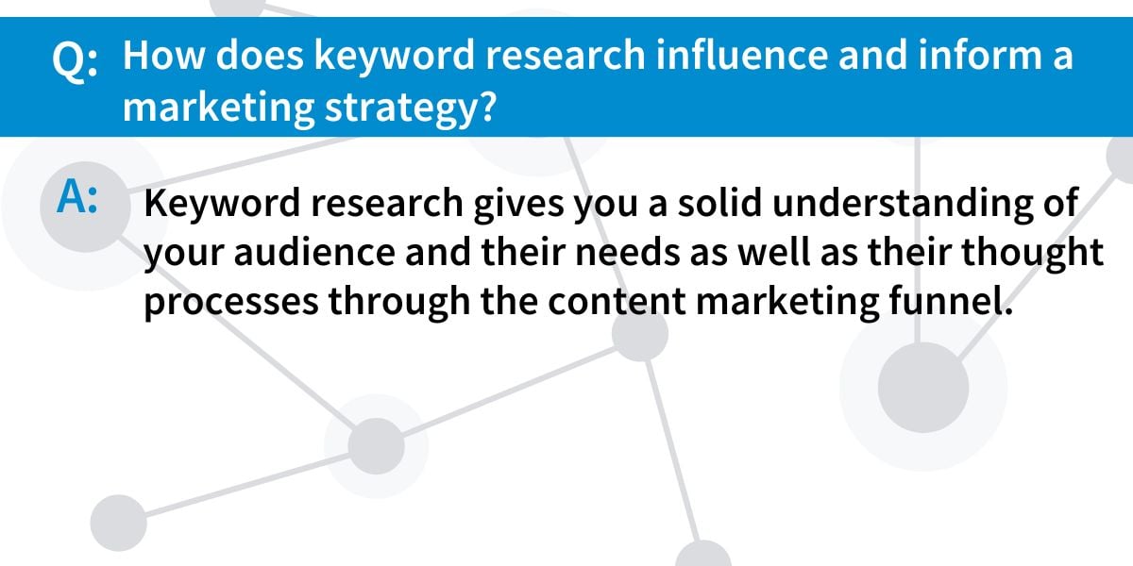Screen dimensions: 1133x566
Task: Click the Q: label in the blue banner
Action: coord(75,59)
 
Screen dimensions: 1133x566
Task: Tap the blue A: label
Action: coord(76,197)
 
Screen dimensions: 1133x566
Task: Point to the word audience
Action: coord(314,251)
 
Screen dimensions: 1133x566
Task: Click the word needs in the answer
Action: coord(628,251)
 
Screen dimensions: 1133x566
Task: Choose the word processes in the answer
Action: coord(231,302)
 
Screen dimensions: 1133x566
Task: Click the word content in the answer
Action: coord(617,301)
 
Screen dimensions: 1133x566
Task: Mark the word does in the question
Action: coord(260,55)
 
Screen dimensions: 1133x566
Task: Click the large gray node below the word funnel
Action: coord(923,388)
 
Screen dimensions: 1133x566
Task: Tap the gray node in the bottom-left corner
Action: coord(118,523)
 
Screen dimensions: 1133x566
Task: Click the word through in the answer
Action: coord(399,302)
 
